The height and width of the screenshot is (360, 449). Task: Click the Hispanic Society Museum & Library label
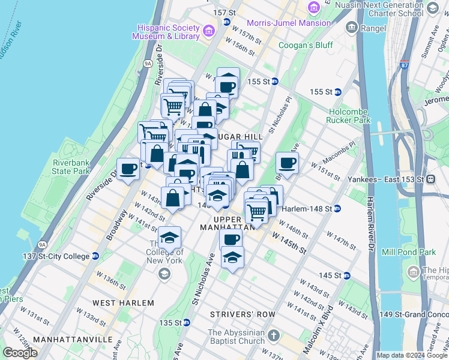[168, 32]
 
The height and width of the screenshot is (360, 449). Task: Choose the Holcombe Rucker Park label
[351, 116]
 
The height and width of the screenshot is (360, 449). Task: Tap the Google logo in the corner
[20, 352]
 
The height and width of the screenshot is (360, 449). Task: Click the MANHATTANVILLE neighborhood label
[73, 340]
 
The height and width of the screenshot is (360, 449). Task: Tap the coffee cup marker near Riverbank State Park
[128, 169]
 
